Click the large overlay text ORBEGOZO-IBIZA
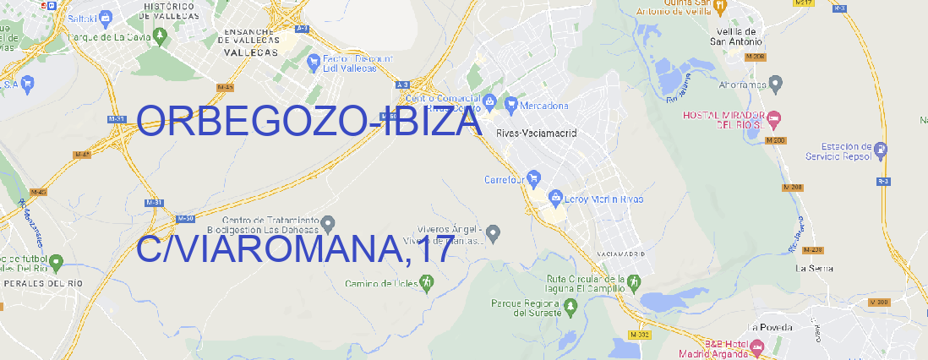pyautogui.click(x=308, y=122)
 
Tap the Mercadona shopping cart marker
pyautogui.click(x=511, y=105)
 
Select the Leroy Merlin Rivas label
pyautogui.click(x=602, y=199)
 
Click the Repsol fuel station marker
pyautogui.click(x=882, y=150)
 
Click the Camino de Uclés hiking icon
pyautogui.click(x=426, y=283)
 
